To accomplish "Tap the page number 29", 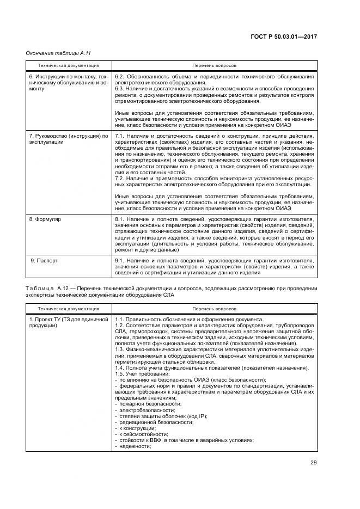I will click(313, 463).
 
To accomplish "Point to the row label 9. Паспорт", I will click(44, 261).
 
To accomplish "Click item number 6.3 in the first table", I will click(120, 89).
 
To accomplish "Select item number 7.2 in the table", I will click(120, 178).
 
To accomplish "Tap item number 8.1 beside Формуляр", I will click(120, 219).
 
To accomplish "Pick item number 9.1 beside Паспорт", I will click(120, 261).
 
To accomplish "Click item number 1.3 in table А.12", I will click(120, 349).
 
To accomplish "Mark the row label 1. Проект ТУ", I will click(50, 319).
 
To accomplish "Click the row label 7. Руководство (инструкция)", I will click(69, 136).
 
